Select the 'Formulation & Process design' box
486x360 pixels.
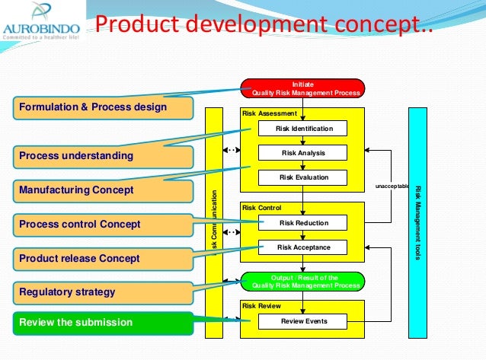point(100,107)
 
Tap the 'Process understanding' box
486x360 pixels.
point(100,156)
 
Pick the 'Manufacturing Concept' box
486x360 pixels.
point(100,190)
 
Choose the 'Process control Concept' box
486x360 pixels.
point(100,225)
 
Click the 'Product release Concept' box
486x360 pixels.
point(100,258)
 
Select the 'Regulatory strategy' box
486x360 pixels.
point(100,292)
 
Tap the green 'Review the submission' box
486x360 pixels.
point(100,322)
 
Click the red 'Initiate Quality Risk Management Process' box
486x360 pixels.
point(303,88)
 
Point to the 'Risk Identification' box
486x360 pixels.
point(303,129)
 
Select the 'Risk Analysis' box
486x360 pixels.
point(303,153)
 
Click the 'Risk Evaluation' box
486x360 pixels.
point(303,177)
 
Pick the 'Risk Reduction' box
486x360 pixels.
point(303,223)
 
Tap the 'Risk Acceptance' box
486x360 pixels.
point(303,247)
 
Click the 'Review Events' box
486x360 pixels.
point(303,321)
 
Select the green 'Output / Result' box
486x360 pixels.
point(303,282)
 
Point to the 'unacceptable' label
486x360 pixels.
point(392,186)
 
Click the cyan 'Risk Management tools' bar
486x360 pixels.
point(417,221)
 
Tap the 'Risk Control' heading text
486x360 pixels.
point(261,208)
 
